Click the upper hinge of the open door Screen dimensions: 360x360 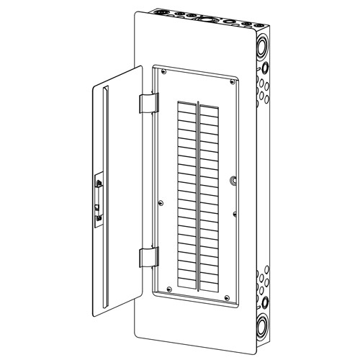pos(146,102)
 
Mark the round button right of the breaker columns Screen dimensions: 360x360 pos(232,181)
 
